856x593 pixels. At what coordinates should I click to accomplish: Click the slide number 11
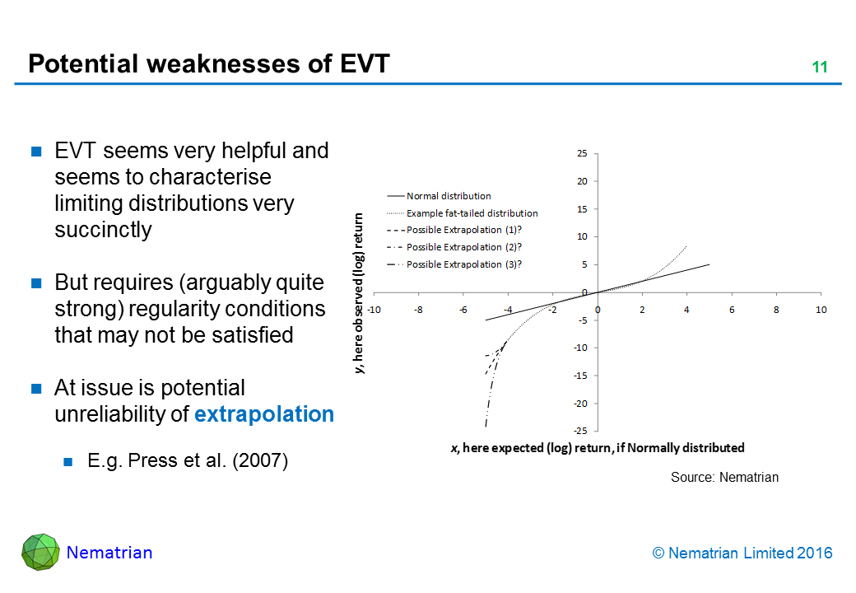[819, 68]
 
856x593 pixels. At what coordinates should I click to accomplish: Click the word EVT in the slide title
[359, 63]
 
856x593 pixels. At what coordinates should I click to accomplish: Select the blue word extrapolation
[264, 414]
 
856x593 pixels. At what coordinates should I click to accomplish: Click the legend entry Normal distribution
[449, 196]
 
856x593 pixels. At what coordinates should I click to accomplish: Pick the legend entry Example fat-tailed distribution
[472, 213]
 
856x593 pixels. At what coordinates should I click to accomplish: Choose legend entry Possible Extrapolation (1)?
[464, 230]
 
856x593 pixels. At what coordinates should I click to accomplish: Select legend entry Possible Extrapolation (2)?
[464, 247]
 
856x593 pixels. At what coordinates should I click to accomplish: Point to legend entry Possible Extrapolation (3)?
[464, 264]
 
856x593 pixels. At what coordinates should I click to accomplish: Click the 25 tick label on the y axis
[581, 153]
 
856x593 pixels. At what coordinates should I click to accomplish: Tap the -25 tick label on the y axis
[579, 431]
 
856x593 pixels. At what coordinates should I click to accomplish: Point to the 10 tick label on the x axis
[821, 309]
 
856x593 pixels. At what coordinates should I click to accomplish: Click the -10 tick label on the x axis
[374, 309]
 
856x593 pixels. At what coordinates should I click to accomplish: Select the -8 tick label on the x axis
[418, 309]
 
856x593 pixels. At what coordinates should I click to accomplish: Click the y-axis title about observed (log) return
[360, 292]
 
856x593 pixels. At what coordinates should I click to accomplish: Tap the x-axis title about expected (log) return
[598, 448]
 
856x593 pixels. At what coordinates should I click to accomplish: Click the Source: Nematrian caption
[724, 477]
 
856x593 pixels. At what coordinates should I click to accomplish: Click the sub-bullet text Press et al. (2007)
[188, 461]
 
